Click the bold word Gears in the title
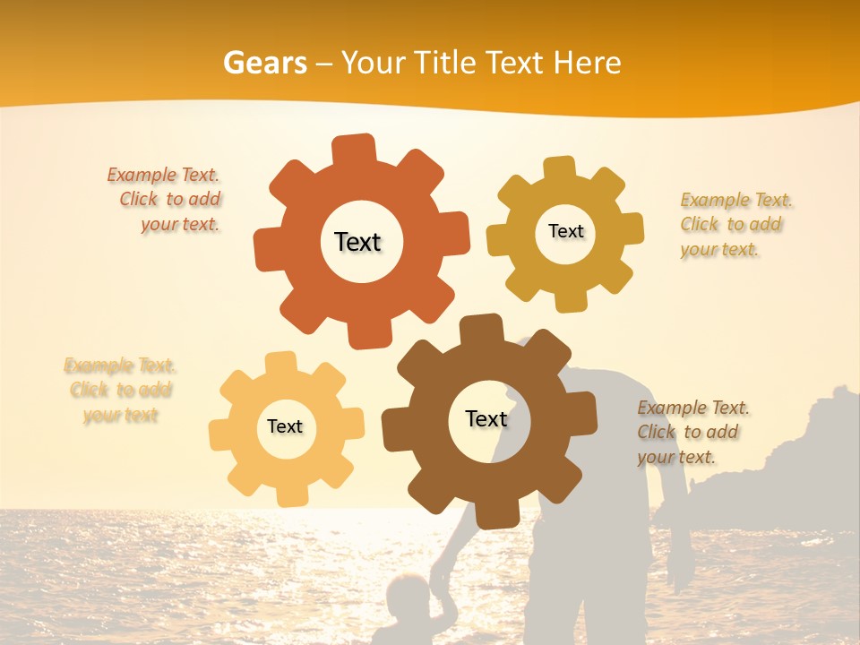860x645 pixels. [x=264, y=63]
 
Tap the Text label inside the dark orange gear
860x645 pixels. [x=357, y=242]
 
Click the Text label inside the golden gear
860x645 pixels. [x=565, y=231]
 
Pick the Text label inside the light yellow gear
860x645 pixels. [x=285, y=426]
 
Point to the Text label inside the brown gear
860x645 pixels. [x=486, y=418]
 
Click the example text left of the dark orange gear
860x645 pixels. [x=167, y=200]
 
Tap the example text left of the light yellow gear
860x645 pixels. [x=120, y=391]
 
